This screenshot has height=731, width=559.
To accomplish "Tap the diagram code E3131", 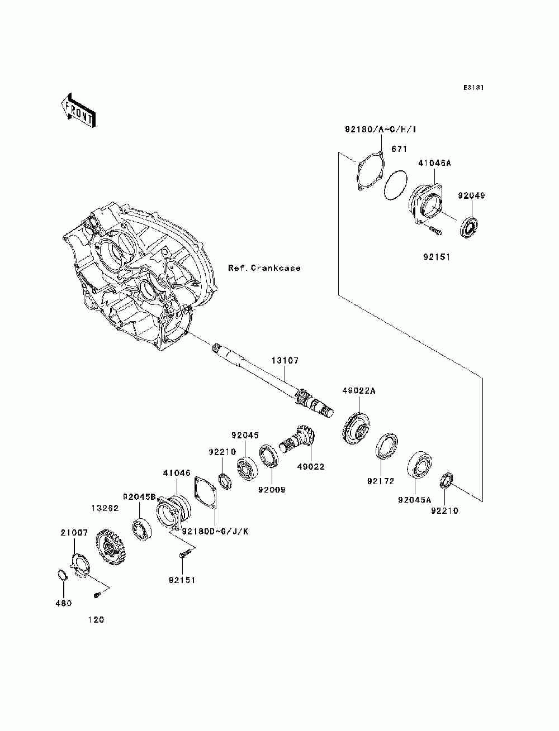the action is tap(473, 88).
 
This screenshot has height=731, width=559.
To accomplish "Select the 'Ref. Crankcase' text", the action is tap(264, 267).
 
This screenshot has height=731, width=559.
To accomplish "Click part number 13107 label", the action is tap(285, 360).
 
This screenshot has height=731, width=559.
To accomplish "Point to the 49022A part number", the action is tap(359, 390).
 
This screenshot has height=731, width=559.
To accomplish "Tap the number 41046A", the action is tap(435, 163).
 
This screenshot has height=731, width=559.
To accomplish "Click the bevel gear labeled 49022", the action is tap(299, 439).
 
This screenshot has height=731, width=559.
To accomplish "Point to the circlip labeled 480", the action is tap(61, 575).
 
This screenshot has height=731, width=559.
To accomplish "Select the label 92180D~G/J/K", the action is tap(215, 532).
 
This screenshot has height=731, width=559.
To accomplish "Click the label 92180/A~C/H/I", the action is tap(380, 130).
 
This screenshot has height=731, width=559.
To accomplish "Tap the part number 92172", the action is tap(381, 481).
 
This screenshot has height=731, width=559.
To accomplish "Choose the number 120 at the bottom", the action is tap(96, 620).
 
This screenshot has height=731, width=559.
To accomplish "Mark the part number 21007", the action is tap(74, 533).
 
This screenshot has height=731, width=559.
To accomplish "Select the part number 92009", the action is tap(272, 490).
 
